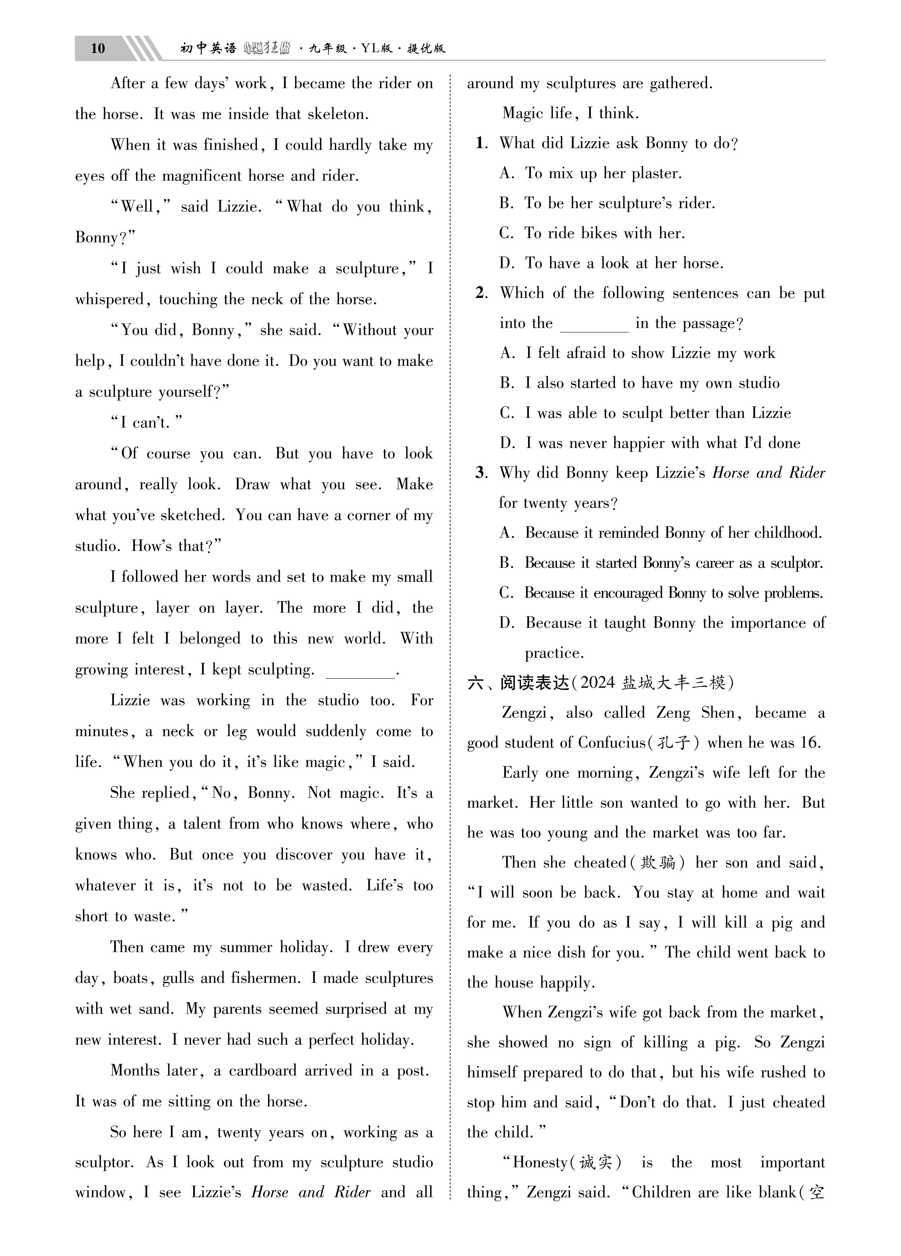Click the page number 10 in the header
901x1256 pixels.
(x=97, y=49)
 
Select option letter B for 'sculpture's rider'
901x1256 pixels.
(x=506, y=203)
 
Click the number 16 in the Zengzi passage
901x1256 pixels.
(x=810, y=743)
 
